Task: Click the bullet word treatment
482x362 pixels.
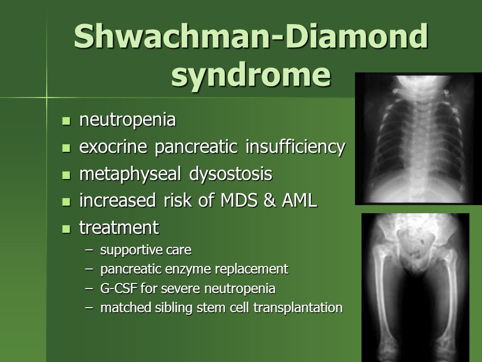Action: (x=118, y=227)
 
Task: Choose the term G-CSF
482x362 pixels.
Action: (x=116, y=289)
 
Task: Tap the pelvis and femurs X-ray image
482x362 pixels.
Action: (x=415, y=287)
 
